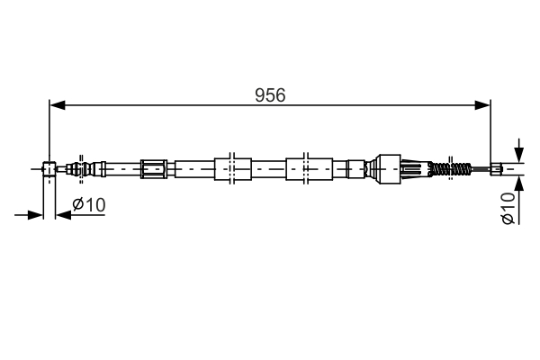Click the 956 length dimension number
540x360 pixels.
point(269,95)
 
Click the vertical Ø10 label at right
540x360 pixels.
point(508,208)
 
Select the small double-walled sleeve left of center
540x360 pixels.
point(154,167)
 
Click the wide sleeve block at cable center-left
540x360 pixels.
point(232,167)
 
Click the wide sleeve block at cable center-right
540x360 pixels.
point(306,167)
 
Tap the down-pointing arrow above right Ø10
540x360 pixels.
point(519,154)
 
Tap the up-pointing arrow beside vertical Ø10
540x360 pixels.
point(519,180)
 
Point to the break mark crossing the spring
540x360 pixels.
point(442,167)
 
